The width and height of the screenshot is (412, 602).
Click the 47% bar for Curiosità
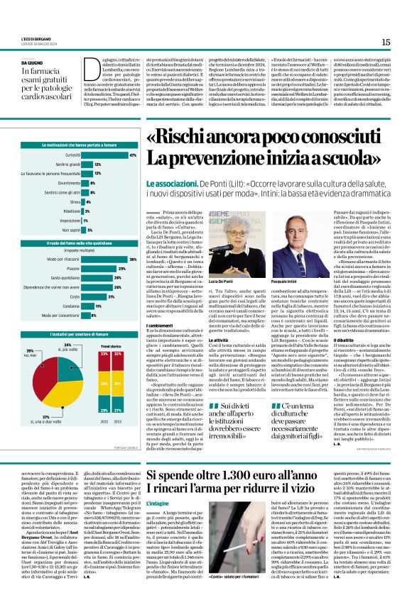coord(105,155)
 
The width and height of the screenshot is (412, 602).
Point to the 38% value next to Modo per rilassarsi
coord(132,260)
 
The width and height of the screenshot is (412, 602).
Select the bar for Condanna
coord(87,306)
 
